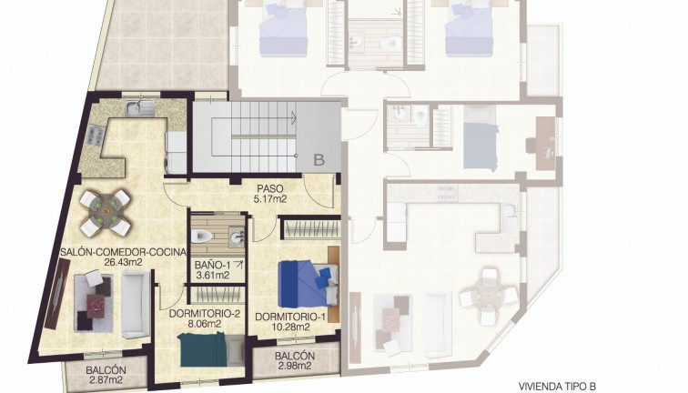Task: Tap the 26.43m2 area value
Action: pos(123,262)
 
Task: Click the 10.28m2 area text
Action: pos(291,327)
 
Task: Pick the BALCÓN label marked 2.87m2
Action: pos(106,370)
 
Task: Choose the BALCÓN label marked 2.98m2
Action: pos(295,357)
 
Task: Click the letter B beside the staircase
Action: pos(319,160)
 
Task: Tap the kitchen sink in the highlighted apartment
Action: pos(139,108)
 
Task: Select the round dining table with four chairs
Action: pos(106,213)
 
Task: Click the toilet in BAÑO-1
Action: pos(202,236)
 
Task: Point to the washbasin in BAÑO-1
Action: pos(237,237)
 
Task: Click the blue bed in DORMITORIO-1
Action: pos(309,284)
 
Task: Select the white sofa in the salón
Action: pos(135,304)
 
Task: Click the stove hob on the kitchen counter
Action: pos(96,135)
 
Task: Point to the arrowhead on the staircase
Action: pos(293,117)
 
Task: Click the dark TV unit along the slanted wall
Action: pos(57,294)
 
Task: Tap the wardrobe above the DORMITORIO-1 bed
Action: pos(311,228)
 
